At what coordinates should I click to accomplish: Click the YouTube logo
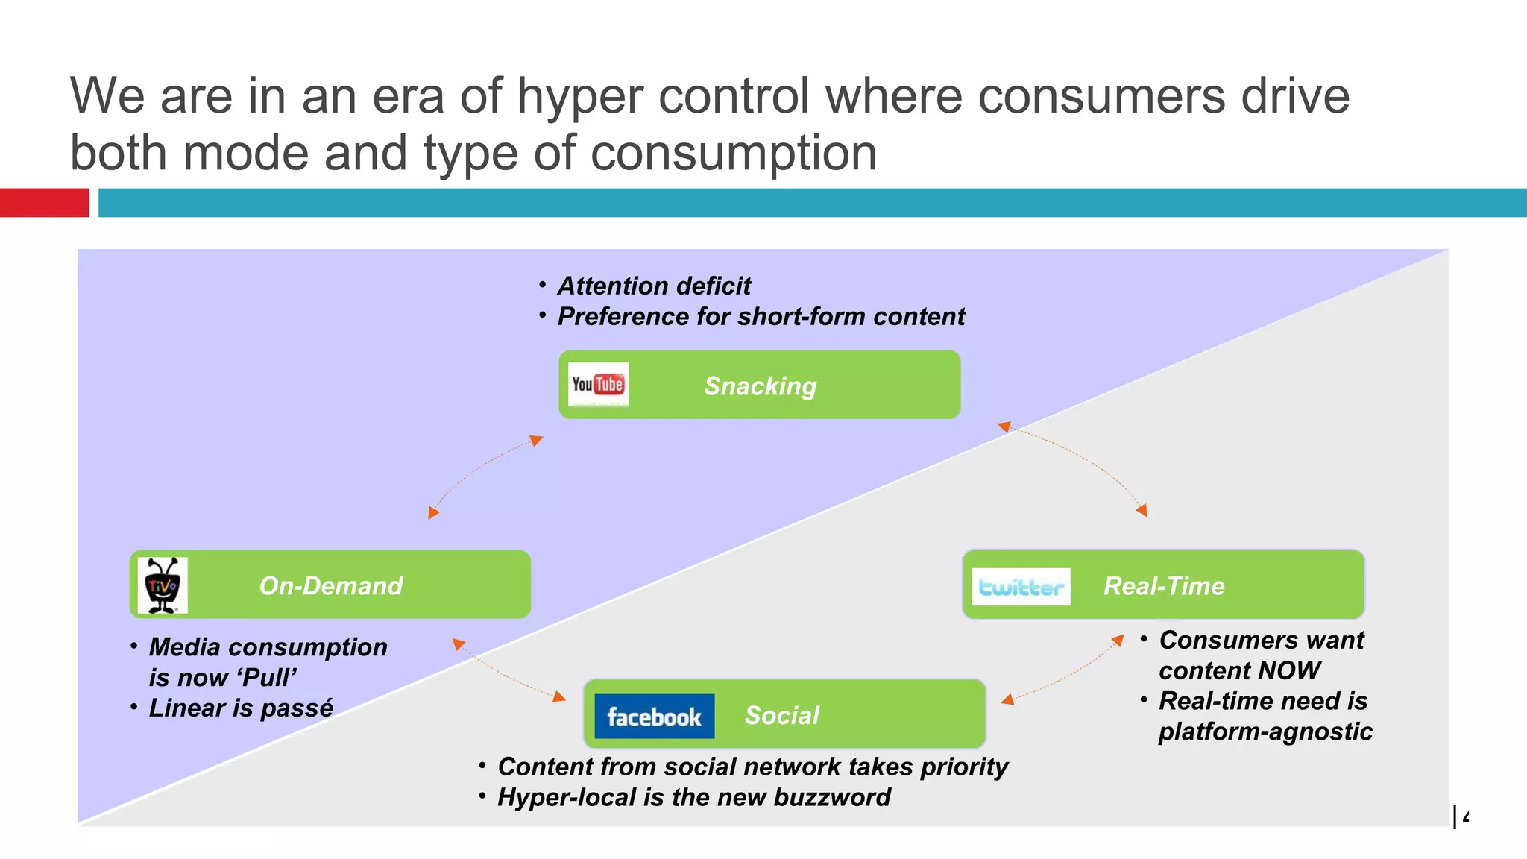[598, 384]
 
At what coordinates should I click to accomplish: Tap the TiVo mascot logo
[163, 585]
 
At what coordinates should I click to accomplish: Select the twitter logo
[1021, 587]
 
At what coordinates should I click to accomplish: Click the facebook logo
[654, 717]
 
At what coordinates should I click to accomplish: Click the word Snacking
[760, 386]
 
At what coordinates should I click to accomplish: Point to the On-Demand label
[330, 585]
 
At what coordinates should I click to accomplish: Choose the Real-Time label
[1163, 586]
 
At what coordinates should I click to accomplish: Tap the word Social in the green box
[781, 715]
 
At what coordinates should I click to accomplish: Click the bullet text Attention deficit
[654, 286]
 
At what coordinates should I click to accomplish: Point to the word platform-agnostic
[1265, 731]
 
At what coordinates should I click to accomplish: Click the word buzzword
[831, 797]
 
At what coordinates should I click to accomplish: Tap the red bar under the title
[44, 203]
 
